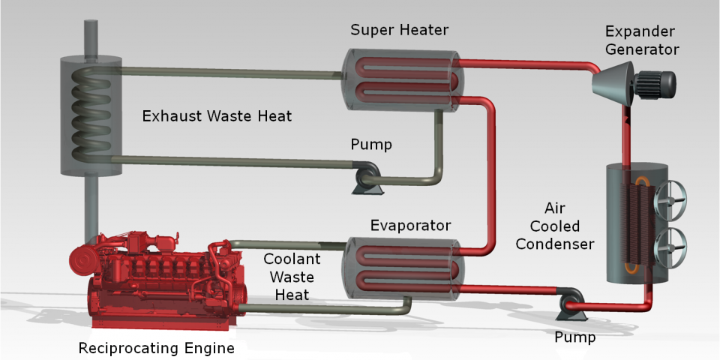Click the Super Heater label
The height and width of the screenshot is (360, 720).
[x=399, y=30]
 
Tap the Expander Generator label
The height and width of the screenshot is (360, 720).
[x=642, y=40]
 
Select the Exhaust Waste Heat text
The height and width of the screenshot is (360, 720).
[x=217, y=116]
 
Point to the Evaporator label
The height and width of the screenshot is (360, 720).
[x=410, y=225]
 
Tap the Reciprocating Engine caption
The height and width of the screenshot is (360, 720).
[x=157, y=348]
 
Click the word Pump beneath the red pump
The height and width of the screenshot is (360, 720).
[x=575, y=337]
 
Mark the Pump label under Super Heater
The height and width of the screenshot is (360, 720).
[x=371, y=144]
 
